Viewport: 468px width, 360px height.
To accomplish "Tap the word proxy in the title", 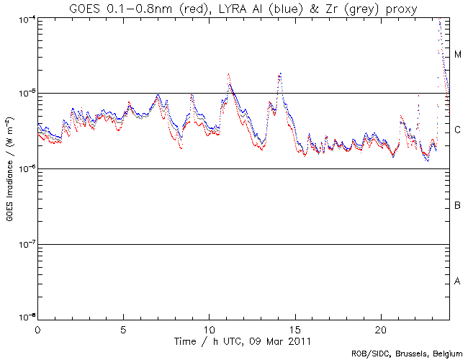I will (394, 9).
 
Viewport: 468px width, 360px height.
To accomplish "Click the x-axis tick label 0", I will (37, 328).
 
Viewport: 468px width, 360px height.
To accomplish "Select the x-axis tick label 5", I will (123, 328).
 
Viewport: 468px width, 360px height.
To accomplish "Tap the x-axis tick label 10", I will (209, 328).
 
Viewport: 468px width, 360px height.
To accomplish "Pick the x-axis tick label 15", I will (295, 328).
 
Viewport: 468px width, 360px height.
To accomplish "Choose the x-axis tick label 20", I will (381, 328).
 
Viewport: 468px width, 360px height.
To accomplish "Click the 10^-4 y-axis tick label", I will (24, 18).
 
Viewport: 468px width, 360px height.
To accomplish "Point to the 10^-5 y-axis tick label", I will (24, 94).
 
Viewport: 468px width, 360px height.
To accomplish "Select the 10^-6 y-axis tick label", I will (24, 168).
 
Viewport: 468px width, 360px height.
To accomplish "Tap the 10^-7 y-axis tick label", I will (24, 244).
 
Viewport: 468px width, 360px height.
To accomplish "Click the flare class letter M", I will (458, 55).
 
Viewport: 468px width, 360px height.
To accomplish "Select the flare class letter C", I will (458, 130).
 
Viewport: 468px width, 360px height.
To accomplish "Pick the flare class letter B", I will (458, 206).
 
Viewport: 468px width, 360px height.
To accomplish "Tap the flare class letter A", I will (458, 282).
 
